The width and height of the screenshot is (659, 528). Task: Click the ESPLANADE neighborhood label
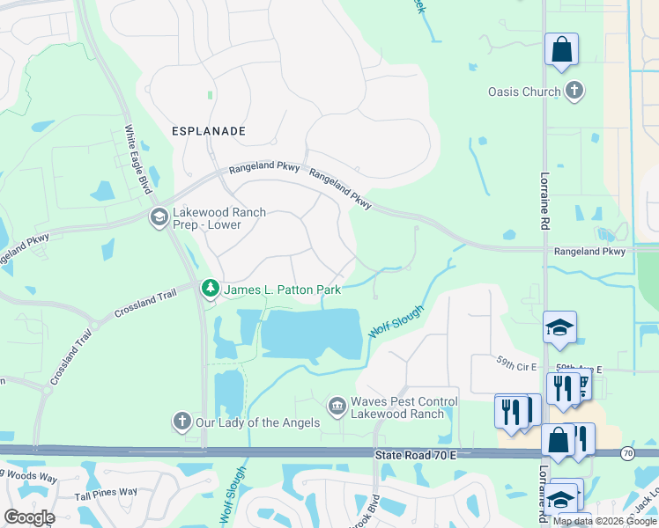[x=209, y=131]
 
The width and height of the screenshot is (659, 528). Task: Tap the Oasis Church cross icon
[x=574, y=91]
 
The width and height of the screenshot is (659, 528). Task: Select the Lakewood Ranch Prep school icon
[x=159, y=217]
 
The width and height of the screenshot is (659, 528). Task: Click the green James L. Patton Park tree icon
[x=211, y=288]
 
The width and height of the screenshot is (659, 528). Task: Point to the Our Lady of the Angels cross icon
[x=181, y=422]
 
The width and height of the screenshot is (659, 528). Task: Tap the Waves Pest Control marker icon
[x=336, y=407]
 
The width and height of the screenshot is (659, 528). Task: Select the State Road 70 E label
[x=415, y=455]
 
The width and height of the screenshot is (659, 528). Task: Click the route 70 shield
[x=626, y=454]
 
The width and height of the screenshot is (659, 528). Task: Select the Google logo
[x=29, y=517]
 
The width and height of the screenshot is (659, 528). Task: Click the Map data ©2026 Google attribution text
[x=604, y=521]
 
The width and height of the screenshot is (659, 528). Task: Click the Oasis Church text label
[x=524, y=92]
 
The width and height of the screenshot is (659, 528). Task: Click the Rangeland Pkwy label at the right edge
[x=589, y=252]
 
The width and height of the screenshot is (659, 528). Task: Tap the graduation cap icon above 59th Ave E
[x=559, y=328]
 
